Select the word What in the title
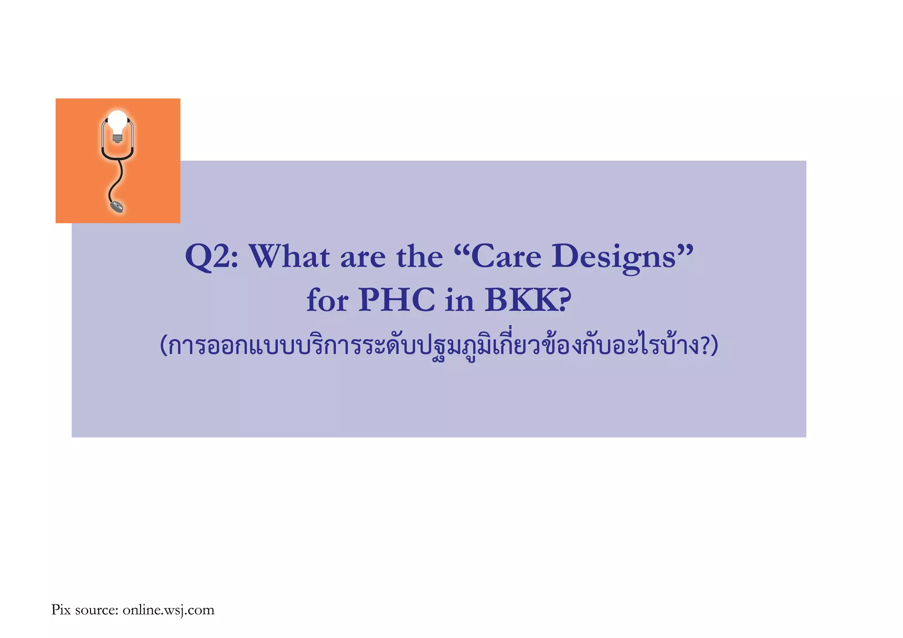coord(289,256)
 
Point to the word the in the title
coord(419,256)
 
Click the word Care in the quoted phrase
coord(506,256)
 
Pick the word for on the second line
coord(328,300)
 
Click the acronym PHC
coord(396,300)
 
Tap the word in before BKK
coord(459,300)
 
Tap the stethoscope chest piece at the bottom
coord(117,206)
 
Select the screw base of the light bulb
coord(117,138)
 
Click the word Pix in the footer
coord(61,610)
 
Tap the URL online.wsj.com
coord(168,610)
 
